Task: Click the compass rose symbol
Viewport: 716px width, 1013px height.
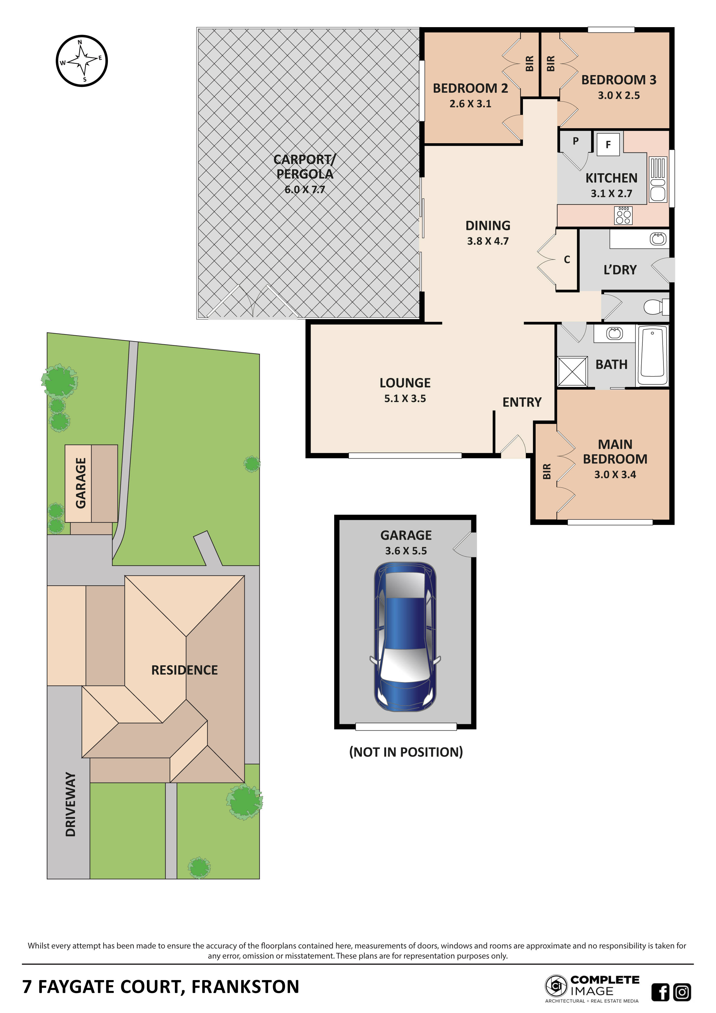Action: click(82, 60)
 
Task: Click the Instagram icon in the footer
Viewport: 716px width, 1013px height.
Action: click(682, 992)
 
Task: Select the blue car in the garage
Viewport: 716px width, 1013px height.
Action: click(405, 637)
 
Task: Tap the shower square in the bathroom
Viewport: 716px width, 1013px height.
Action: click(572, 371)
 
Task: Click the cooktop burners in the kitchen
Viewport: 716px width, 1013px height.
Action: click(623, 215)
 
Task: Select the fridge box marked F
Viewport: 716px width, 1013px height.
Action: click(608, 144)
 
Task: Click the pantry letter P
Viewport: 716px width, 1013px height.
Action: click(575, 141)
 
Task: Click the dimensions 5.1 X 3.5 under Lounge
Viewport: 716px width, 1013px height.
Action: click(405, 399)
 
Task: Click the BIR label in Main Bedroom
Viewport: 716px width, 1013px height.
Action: click(547, 471)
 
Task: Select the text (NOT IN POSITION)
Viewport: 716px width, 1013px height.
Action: click(405, 752)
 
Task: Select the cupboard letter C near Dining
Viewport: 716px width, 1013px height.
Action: click(567, 259)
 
